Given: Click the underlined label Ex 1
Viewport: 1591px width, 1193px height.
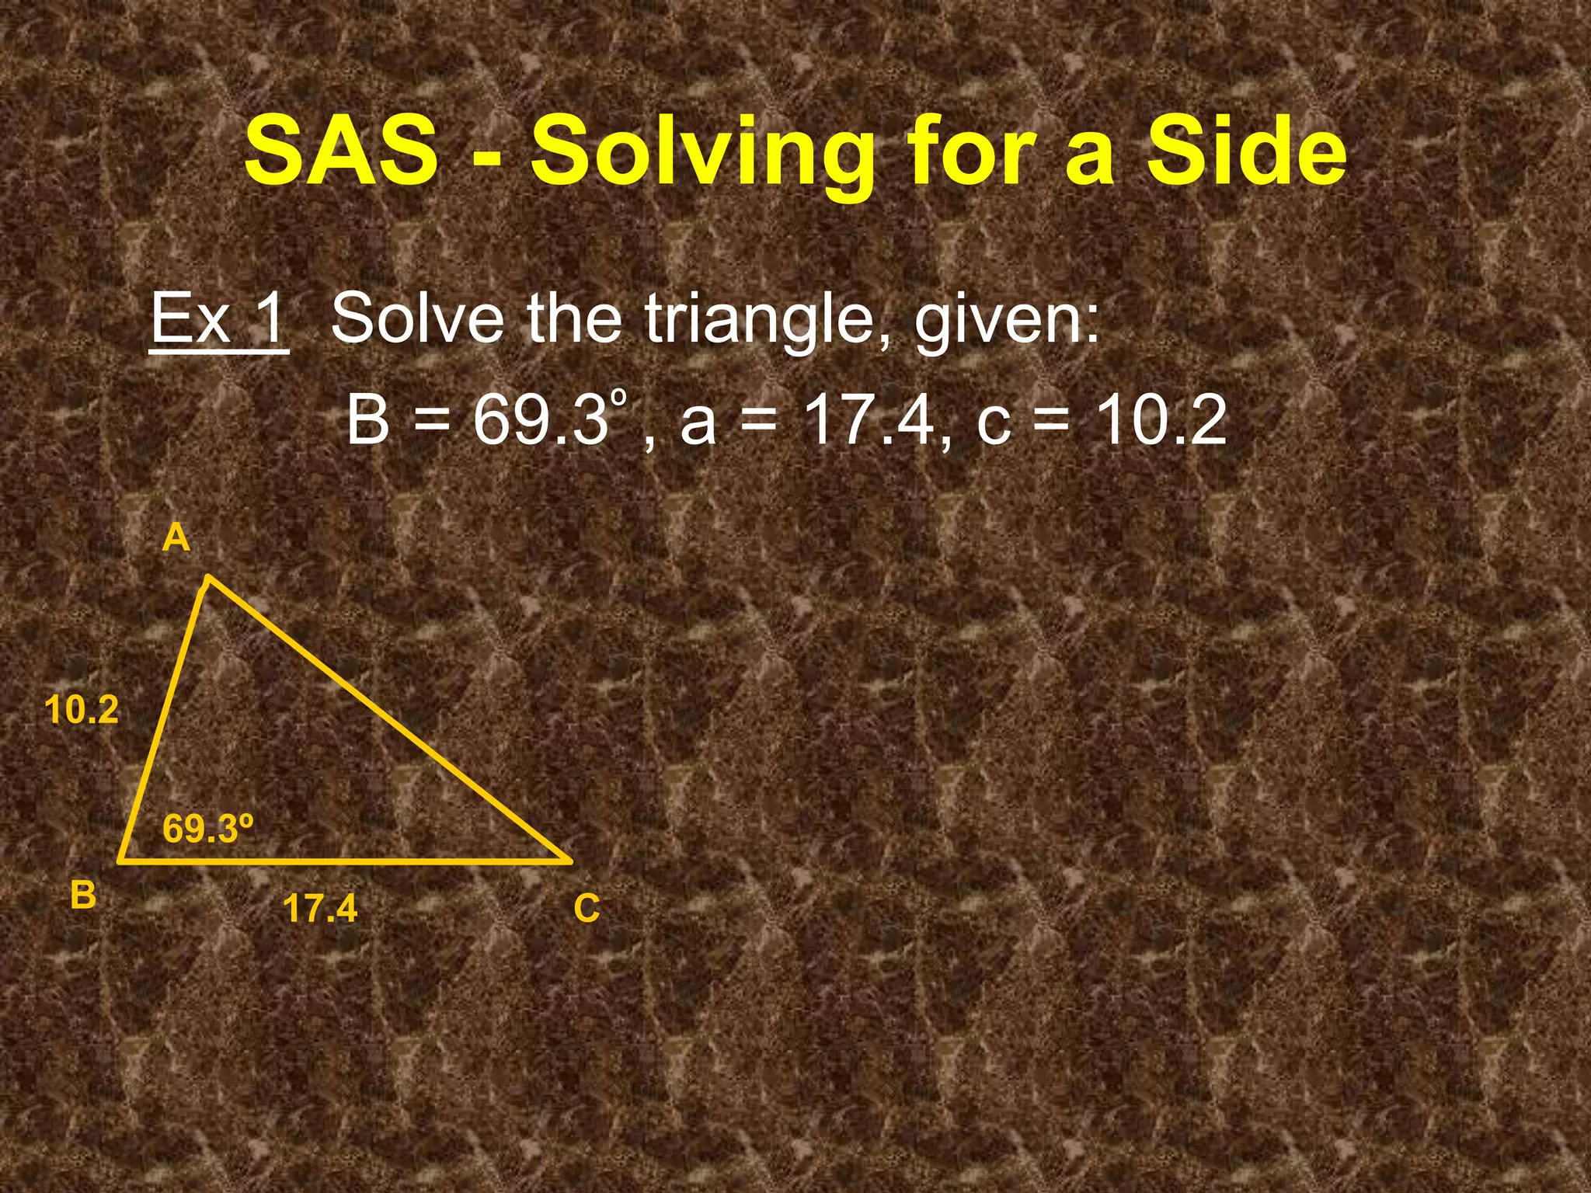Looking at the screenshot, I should pos(218,319).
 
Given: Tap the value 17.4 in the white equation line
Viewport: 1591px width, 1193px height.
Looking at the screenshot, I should pos(869,420).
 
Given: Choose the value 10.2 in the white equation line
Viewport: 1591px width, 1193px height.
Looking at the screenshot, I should pos(1161,420).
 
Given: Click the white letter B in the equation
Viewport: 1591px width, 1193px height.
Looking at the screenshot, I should pos(368,420).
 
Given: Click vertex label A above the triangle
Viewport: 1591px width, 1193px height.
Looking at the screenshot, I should pos(176,537).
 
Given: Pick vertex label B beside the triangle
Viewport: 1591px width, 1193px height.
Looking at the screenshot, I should pos(83,894).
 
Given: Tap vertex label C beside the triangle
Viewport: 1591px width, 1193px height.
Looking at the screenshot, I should pos(587,908).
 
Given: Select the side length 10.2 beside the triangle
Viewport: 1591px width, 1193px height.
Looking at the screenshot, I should pos(82,710).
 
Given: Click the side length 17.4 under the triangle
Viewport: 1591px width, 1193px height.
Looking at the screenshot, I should pos(320,908).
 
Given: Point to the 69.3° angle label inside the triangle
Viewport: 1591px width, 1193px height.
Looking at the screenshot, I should pos(208,829).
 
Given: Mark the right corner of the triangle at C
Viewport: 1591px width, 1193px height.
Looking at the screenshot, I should pos(570,861).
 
